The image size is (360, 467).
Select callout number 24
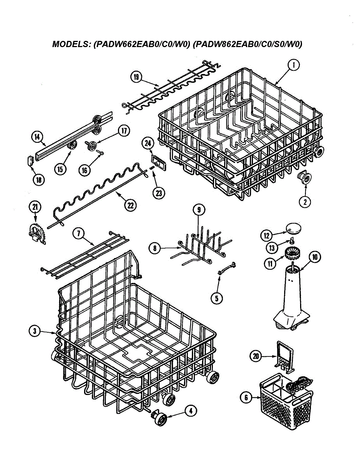click(148, 143)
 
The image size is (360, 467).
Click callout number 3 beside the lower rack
click(35, 331)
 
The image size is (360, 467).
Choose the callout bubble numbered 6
click(246, 397)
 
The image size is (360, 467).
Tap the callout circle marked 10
click(314, 256)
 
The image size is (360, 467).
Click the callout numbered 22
click(130, 205)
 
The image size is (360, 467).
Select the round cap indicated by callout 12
click(293, 227)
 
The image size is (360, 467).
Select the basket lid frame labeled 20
click(284, 353)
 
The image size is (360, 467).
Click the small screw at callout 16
click(100, 154)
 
